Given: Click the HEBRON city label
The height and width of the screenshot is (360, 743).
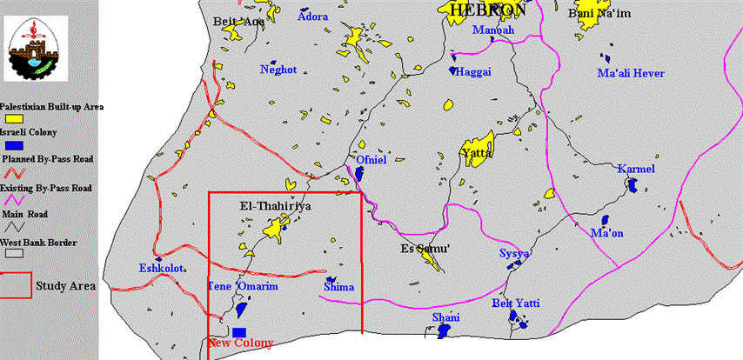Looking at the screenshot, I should point(487,10).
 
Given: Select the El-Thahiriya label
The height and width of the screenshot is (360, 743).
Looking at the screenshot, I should point(275,207).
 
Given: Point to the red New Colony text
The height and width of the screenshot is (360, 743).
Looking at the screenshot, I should point(242,343).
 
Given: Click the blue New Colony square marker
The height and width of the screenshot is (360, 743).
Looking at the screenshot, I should point(239,331).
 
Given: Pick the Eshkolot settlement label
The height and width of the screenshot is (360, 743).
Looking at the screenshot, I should point(163,269).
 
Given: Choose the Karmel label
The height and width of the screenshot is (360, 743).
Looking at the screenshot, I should point(635,169).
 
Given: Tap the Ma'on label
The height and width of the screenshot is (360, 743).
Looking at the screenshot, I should point(606,233).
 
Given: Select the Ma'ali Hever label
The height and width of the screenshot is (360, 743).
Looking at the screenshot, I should point(630,73).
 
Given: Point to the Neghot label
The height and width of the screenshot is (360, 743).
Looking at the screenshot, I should point(278,70).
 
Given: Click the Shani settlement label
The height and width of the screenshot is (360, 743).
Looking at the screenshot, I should point(446,317).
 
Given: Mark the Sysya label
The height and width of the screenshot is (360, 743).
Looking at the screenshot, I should point(514,253).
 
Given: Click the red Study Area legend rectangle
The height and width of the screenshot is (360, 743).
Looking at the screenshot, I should point(16,284).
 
